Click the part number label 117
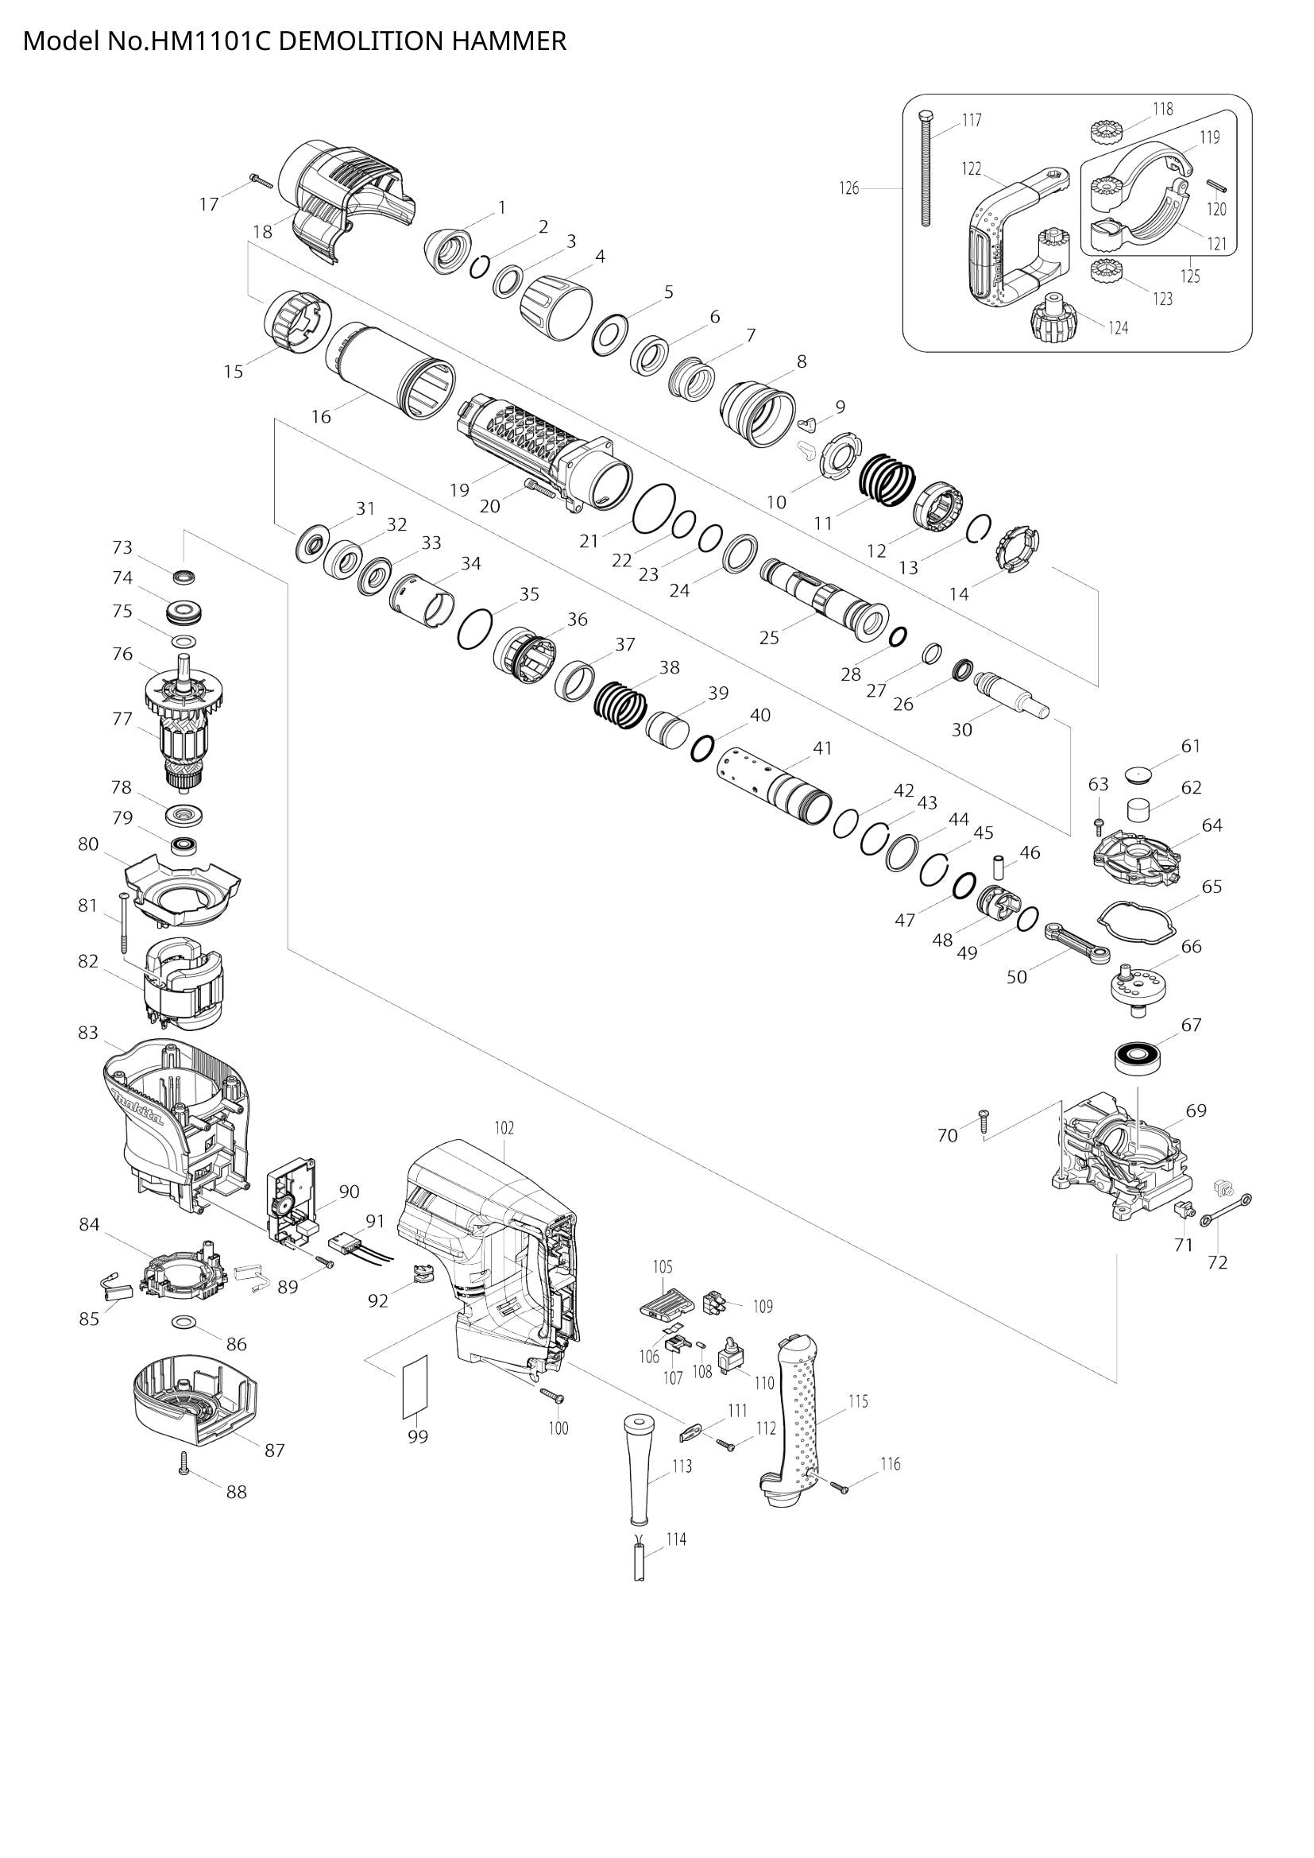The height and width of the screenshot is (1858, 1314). [x=972, y=121]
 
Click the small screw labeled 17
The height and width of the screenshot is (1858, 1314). [x=261, y=180]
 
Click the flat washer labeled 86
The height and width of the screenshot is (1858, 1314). [x=184, y=1322]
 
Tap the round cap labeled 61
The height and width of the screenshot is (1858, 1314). [x=1142, y=774]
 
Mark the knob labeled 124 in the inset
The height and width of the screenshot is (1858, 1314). [x=1054, y=319]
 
